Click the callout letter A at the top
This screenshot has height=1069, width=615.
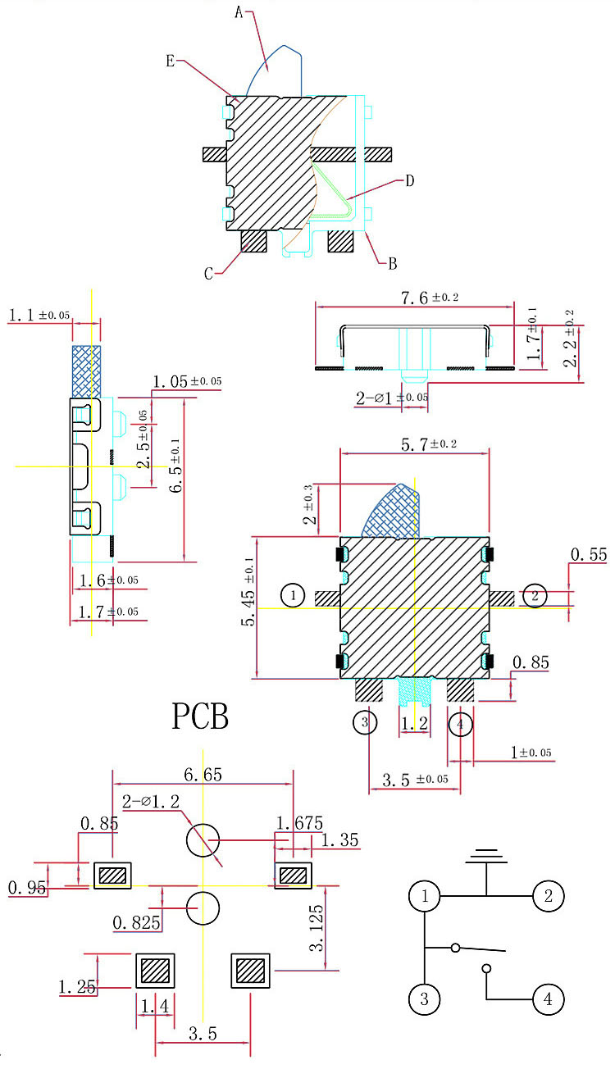239,12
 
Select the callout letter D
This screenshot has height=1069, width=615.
410,180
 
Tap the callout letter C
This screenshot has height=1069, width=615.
208,274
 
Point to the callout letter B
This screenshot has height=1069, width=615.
393,264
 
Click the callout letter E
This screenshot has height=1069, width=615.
170,61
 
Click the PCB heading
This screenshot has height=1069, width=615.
200,716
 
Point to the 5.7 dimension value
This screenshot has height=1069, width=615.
417,444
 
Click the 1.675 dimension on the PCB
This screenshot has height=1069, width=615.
300,823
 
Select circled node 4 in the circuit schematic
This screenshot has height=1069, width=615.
549,999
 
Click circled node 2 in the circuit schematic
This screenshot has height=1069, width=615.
549,896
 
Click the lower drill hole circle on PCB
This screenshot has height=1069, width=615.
203,908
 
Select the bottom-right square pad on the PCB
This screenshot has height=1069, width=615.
251,971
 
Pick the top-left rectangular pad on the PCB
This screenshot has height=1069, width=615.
113,876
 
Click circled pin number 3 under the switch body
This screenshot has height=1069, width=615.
365,723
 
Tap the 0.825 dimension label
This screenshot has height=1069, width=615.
135,923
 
